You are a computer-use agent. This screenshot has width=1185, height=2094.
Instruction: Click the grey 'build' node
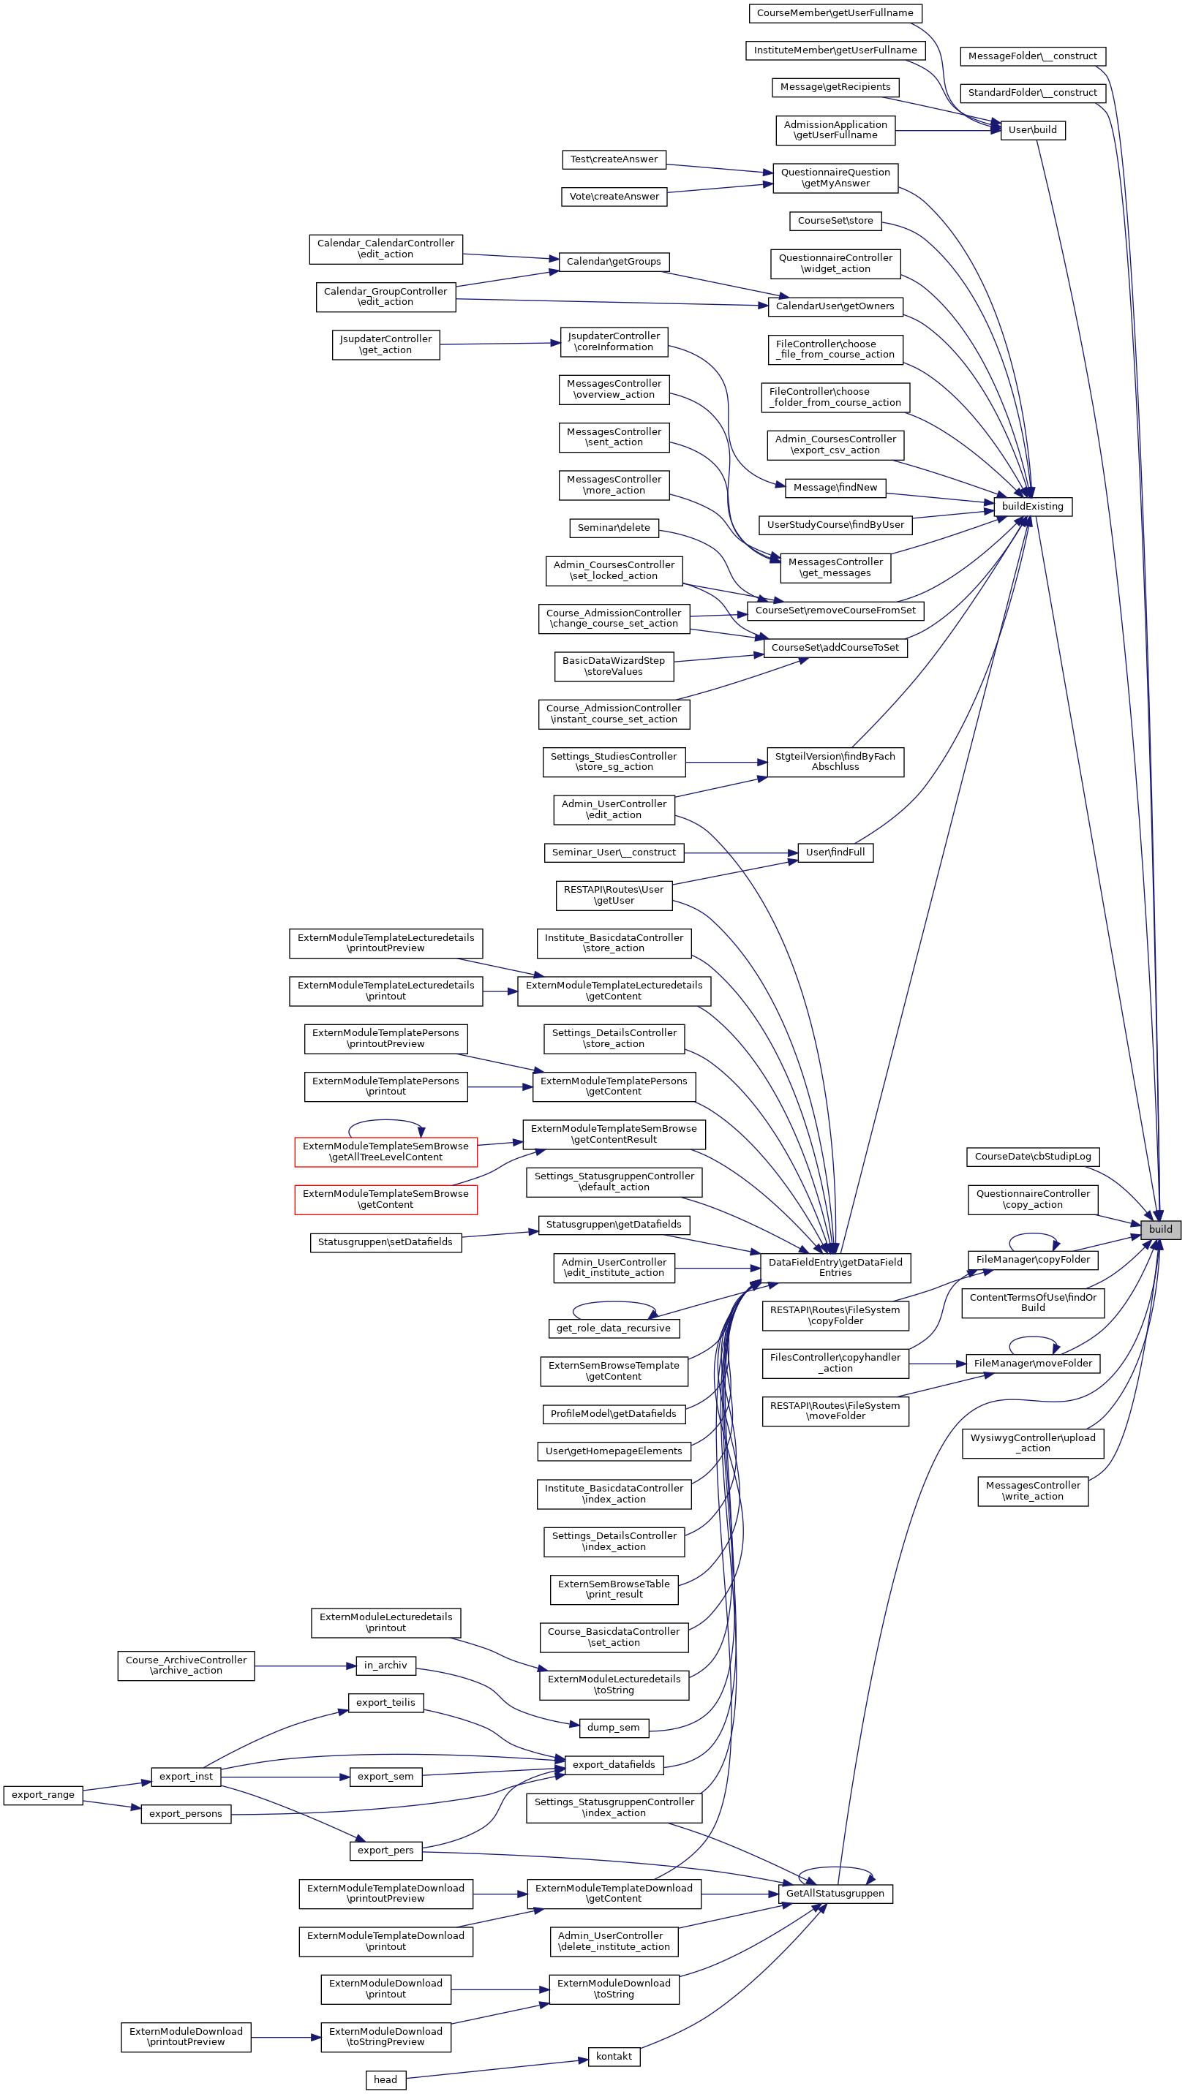pyautogui.click(x=1160, y=1229)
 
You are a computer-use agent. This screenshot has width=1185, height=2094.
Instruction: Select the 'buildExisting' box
pyautogui.click(x=1032, y=506)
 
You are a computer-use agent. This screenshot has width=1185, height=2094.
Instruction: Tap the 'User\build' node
pyautogui.click(x=1032, y=129)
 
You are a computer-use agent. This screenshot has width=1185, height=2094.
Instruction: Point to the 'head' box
pyautogui.click(x=385, y=2079)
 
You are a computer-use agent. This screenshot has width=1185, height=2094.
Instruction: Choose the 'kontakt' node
pyautogui.click(x=613, y=2056)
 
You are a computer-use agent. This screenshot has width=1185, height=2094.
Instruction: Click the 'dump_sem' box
pyautogui.click(x=613, y=1727)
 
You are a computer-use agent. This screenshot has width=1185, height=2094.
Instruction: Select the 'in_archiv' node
pyautogui.click(x=385, y=1665)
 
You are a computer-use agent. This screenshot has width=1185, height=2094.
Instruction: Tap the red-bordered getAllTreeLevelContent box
pyautogui.click(x=385, y=1151)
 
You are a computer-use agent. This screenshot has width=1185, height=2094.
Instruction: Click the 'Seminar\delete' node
pyautogui.click(x=613, y=527)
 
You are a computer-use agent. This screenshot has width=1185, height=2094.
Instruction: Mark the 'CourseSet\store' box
pyautogui.click(x=835, y=221)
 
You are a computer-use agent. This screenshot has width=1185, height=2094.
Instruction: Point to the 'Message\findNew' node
pyautogui.click(x=835, y=487)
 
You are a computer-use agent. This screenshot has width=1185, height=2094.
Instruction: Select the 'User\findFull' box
pyautogui.click(x=835, y=852)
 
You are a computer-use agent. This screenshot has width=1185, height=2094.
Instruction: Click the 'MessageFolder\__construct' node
pyautogui.click(x=1032, y=56)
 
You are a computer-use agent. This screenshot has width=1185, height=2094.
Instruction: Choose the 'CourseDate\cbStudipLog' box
pyautogui.click(x=1032, y=1156)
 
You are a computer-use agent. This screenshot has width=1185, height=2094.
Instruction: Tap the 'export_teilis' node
pyautogui.click(x=385, y=1702)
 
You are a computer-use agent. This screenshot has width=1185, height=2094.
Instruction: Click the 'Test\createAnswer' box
pyautogui.click(x=614, y=159)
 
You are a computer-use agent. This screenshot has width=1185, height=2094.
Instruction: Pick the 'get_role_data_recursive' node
pyautogui.click(x=613, y=1328)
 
